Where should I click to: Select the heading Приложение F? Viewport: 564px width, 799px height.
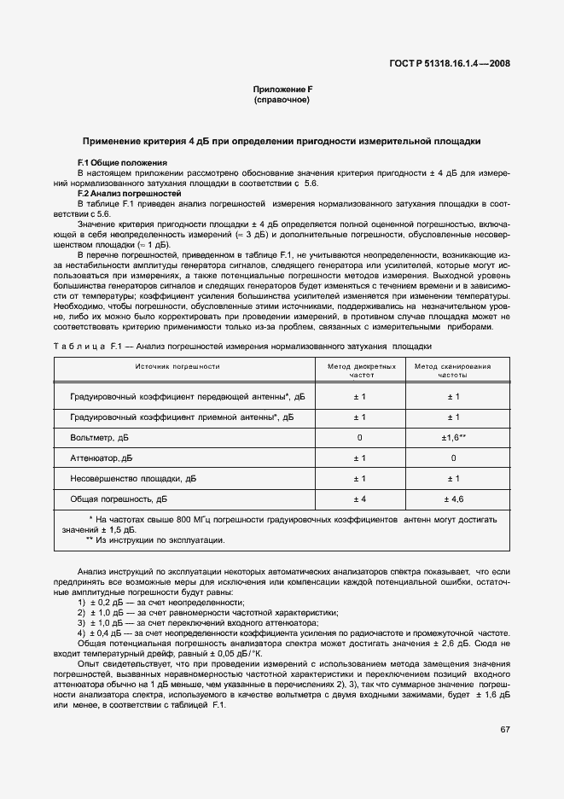click(282, 90)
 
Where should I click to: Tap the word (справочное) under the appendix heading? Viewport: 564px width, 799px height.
click(282, 100)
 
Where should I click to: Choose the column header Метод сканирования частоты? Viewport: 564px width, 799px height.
click(453, 370)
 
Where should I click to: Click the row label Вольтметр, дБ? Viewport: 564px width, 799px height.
click(100, 437)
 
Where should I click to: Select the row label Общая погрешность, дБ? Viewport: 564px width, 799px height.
click(119, 499)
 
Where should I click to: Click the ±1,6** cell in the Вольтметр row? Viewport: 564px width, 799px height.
click(453, 437)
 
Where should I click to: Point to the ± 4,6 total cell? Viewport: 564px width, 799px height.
click(453, 499)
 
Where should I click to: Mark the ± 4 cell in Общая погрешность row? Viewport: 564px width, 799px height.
click(360, 499)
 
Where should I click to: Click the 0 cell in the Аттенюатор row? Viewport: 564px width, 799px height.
click(453, 458)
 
